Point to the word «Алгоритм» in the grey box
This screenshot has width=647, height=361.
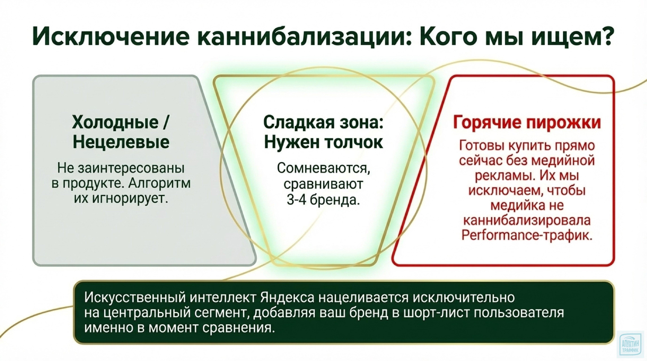coord(159,184)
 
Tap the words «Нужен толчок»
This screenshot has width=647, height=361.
coord(323,143)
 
